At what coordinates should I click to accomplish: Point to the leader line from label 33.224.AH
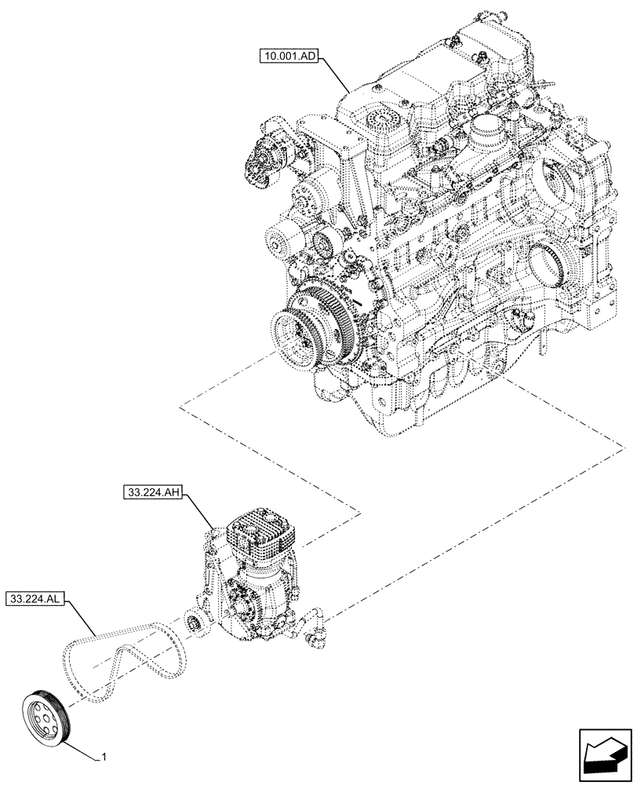click(200, 513)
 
